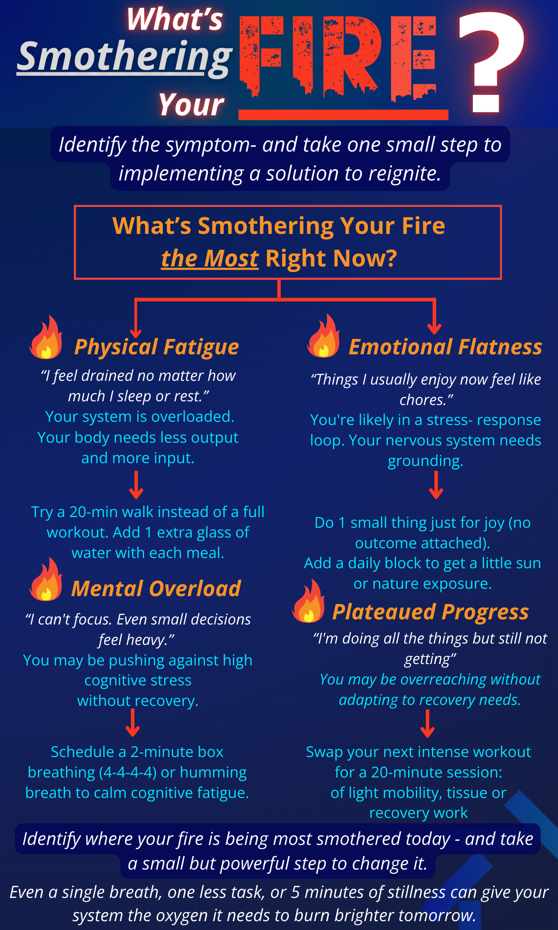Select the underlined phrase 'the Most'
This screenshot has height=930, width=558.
click(x=209, y=259)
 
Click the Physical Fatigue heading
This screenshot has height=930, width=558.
click(x=157, y=347)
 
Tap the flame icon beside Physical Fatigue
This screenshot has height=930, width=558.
click(x=46, y=338)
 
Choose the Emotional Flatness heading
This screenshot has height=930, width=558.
click(x=445, y=347)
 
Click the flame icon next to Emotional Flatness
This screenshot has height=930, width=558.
click(x=323, y=336)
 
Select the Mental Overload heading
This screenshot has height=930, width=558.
click(x=156, y=589)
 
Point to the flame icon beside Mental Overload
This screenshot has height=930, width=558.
click(x=46, y=579)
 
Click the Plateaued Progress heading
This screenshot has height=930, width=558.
click(x=431, y=612)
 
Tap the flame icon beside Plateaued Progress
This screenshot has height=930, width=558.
click(x=308, y=601)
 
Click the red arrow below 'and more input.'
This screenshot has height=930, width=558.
click(x=136, y=485)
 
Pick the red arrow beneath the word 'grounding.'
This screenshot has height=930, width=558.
click(x=436, y=485)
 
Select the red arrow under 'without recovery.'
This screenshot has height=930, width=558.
click(x=133, y=723)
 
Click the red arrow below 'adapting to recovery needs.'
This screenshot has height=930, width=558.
click(x=427, y=724)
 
